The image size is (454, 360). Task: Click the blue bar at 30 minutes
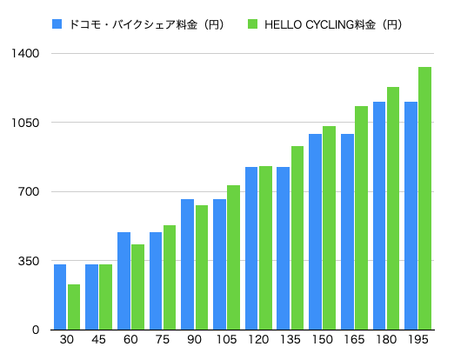point(60,297)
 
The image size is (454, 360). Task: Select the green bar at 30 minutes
point(74,307)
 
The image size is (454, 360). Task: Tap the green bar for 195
point(424,198)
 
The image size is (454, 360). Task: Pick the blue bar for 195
point(411,216)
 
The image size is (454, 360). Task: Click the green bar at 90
point(202,267)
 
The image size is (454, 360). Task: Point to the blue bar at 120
point(251,248)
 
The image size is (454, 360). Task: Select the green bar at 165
point(361,217)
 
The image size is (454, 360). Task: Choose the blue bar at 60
point(124,281)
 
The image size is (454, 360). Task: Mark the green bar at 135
point(297,237)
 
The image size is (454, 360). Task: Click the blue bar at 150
point(315,231)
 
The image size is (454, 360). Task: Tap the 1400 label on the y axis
point(25,53)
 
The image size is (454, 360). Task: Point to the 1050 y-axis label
point(25,123)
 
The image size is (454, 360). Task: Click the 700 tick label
point(29,191)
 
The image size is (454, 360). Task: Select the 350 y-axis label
point(29,261)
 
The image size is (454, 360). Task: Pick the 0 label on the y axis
point(36,330)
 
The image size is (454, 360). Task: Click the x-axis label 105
point(226,339)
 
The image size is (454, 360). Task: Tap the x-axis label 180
point(386,339)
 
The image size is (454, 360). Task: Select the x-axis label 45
point(98,339)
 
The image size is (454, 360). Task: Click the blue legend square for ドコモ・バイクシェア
point(57,24)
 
